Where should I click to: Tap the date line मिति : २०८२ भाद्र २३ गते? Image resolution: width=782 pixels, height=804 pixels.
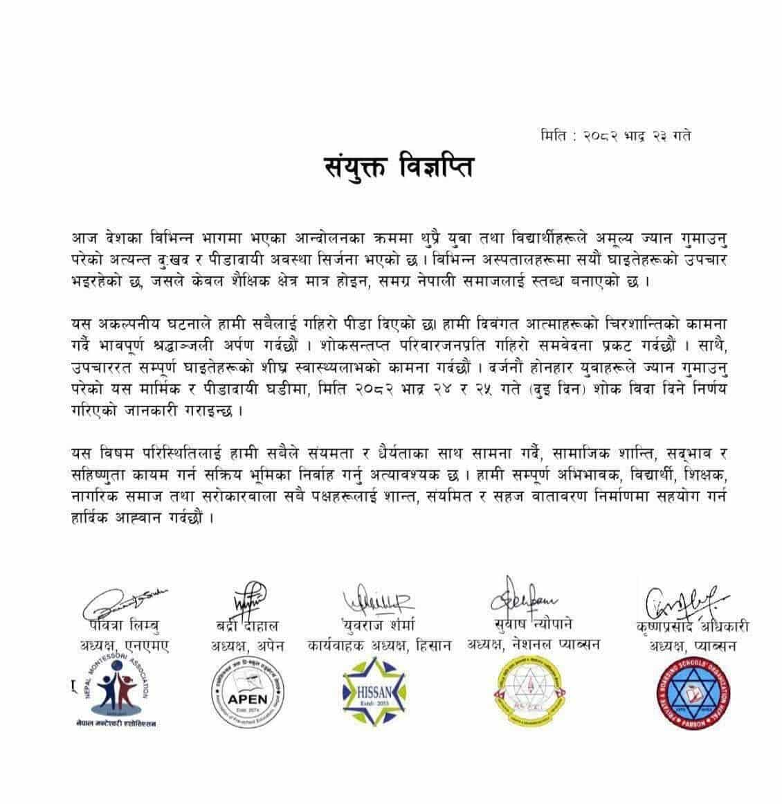615,135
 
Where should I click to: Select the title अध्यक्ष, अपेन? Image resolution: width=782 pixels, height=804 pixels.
247,646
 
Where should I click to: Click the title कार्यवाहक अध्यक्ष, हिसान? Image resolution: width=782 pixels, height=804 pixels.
379,645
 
